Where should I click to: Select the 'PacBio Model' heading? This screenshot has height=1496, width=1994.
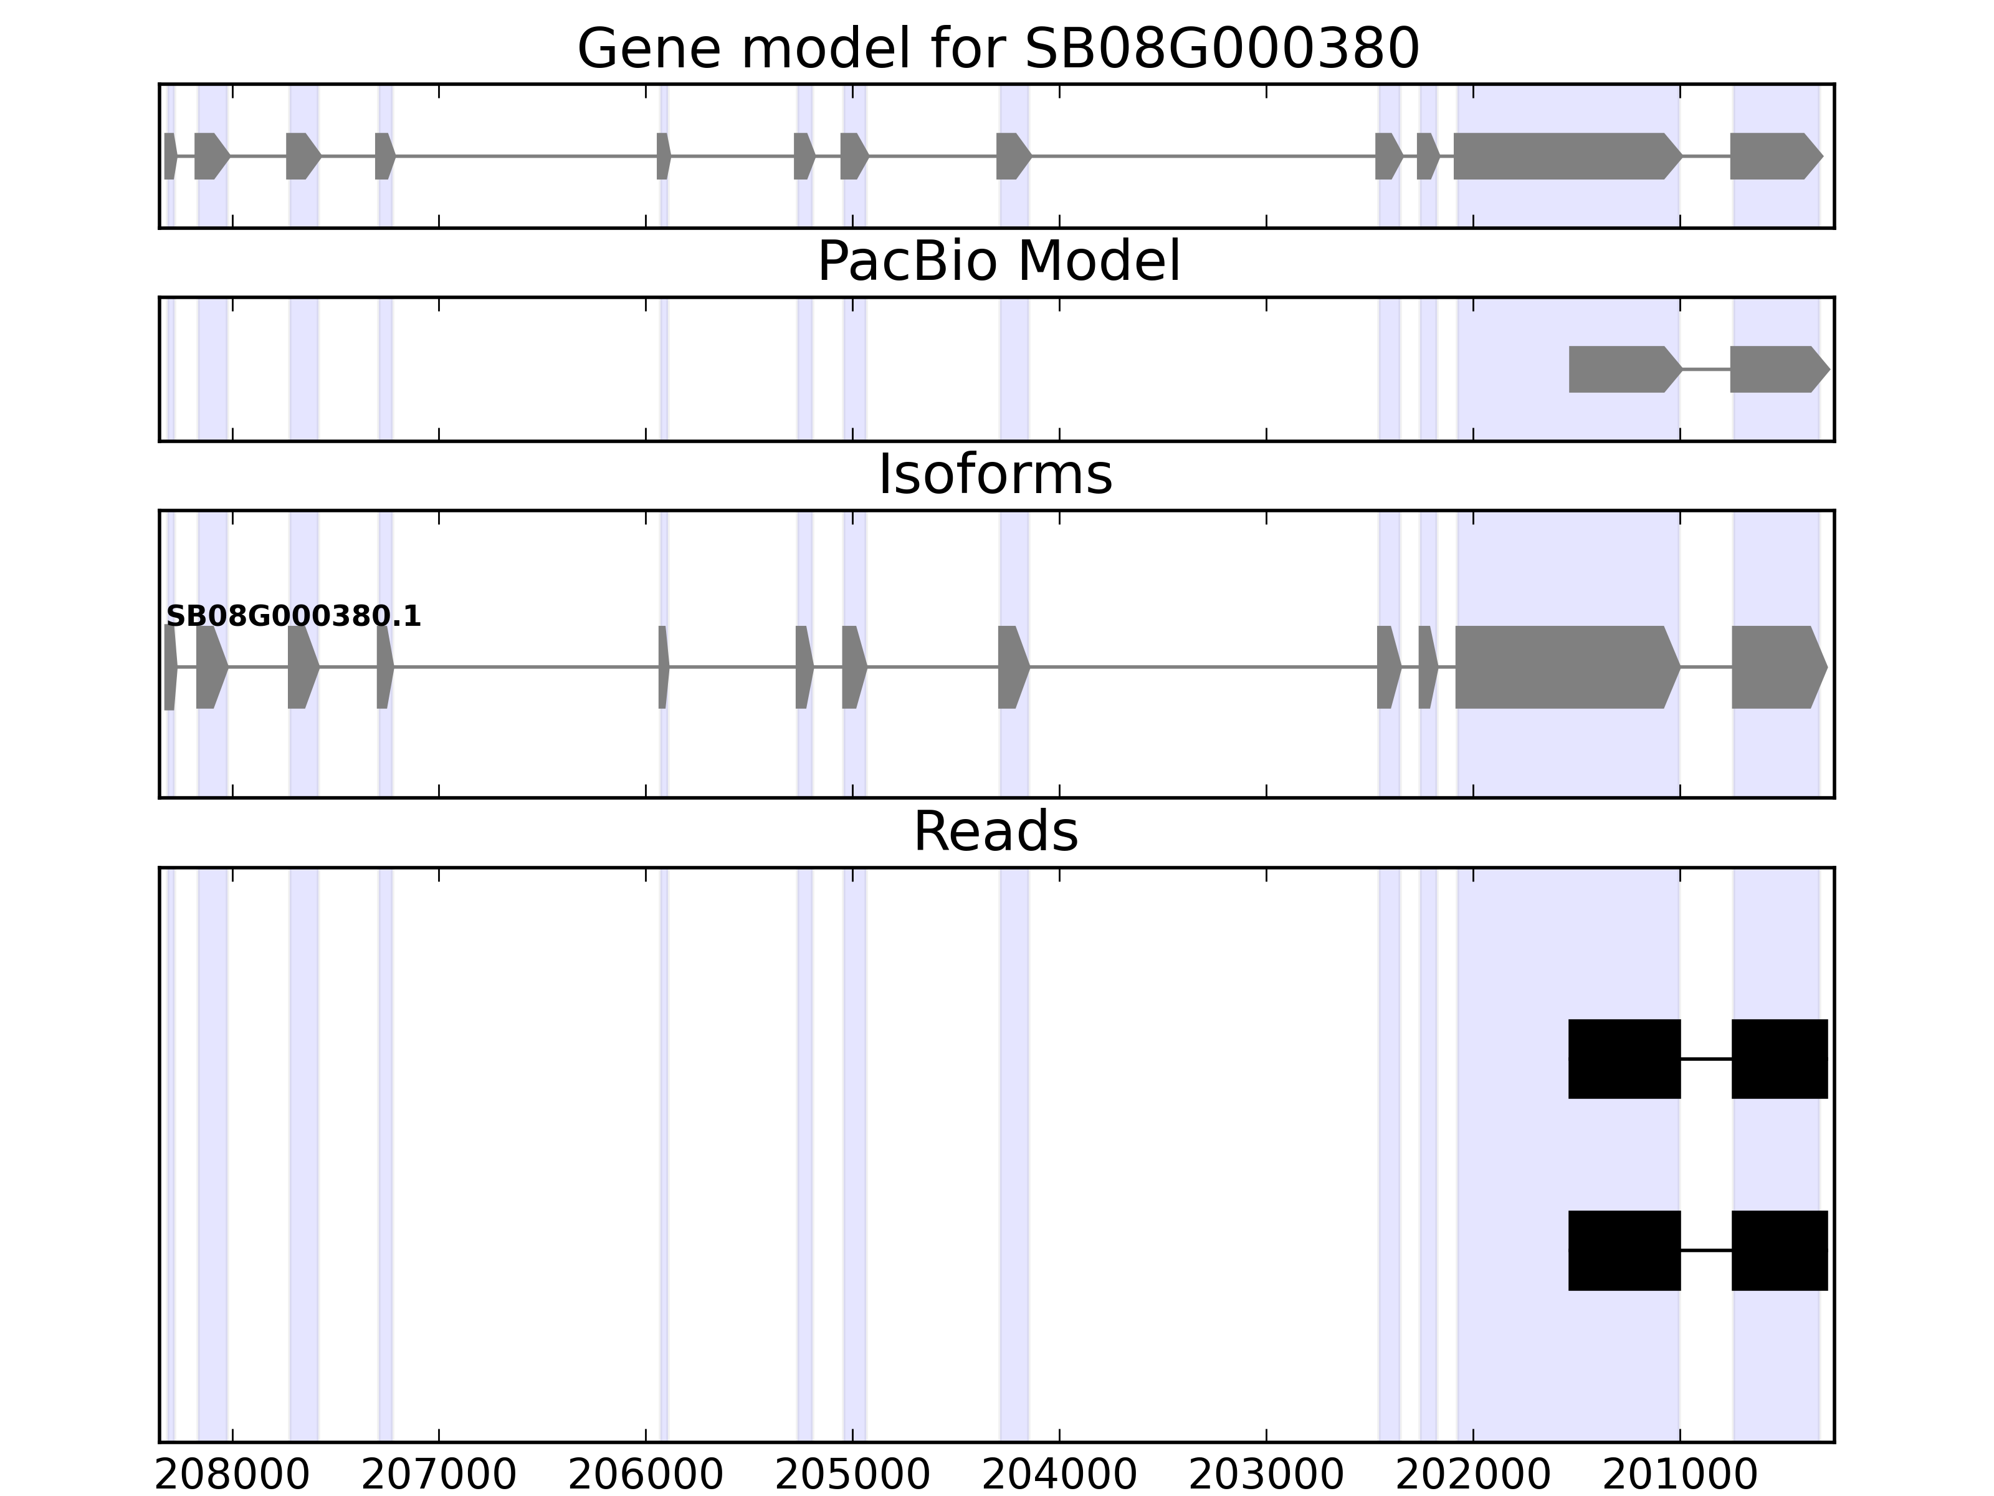pos(998,262)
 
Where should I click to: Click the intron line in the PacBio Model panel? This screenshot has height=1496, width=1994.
pos(1705,369)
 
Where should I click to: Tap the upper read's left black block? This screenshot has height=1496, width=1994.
pos(1624,1058)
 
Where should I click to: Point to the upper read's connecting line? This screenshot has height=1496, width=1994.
pos(1705,1058)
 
